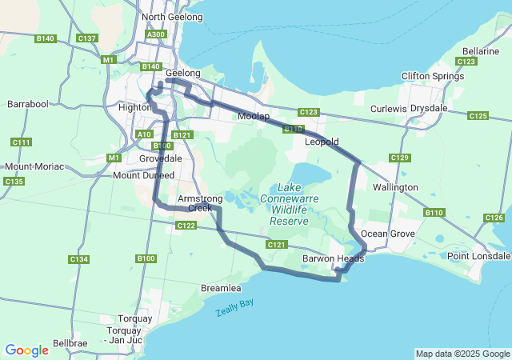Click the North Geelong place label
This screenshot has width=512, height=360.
click(x=169, y=17)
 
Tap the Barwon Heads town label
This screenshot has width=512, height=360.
click(x=334, y=258)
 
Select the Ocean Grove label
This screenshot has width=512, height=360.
click(x=387, y=234)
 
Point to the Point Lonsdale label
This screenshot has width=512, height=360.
click(x=478, y=256)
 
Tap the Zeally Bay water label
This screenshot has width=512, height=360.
click(x=234, y=308)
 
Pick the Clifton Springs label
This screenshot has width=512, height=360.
click(x=433, y=77)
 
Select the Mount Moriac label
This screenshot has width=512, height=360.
click(x=34, y=166)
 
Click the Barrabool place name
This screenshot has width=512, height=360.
click(x=28, y=104)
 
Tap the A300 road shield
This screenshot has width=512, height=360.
click(x=156, y=34)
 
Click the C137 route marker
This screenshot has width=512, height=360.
click(x=86, y=38)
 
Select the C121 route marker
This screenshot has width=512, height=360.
click(x=276, y=245)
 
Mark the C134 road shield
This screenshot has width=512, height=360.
click(x=78, y=259)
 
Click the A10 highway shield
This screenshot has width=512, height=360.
click(x=144, y=134)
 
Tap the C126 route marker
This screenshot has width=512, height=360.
click(x=494, y=218)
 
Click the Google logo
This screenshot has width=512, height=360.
click(x=26, y=350)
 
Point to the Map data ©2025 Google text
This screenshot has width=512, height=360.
click(x=462, y=354)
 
